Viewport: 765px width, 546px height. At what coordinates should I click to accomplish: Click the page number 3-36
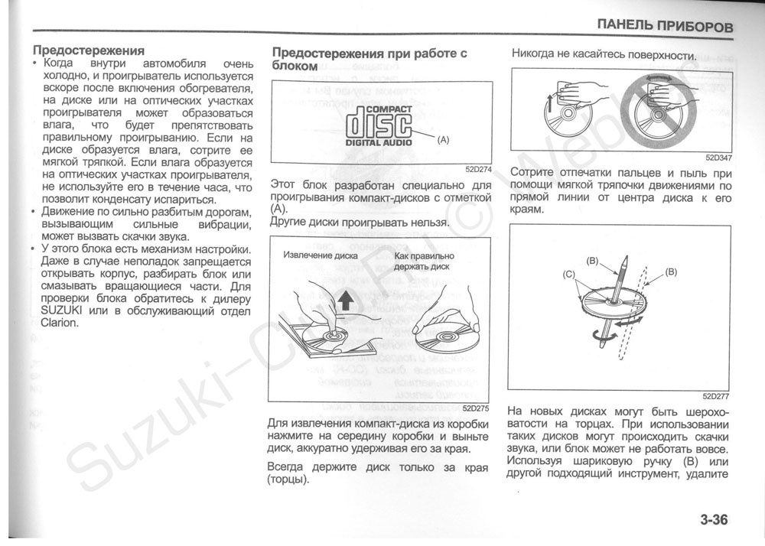point(712,521)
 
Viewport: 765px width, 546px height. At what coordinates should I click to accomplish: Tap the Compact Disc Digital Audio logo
point(379,125)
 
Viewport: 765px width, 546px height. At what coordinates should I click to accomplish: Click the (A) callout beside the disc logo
point(444,141)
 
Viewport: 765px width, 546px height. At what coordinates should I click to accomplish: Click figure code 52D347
point(718,158)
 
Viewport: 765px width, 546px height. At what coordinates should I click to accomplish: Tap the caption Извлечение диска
point(320,255)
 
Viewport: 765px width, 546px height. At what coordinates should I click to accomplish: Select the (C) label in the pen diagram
point(568,273)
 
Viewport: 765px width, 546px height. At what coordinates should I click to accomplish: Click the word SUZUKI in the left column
point(64,310)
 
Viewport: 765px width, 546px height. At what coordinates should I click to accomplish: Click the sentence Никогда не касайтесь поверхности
point(604,56)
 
